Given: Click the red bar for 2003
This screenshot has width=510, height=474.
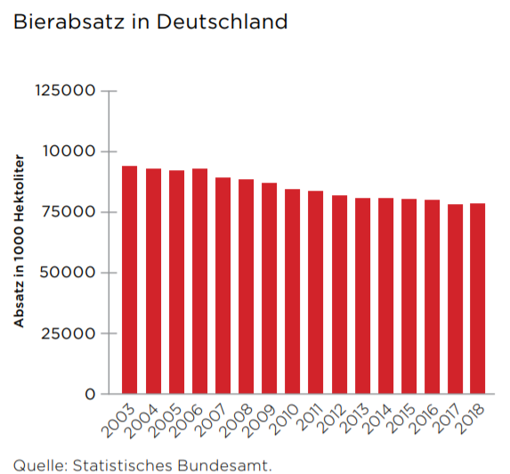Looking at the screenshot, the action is (129, 280).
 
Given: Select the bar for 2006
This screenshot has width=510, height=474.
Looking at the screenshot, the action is (199, 282).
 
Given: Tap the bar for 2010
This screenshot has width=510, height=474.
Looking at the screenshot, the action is (293, 291).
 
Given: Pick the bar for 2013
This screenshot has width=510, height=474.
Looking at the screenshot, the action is (362, 296).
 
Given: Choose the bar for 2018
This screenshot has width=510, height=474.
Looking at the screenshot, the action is (477, 298).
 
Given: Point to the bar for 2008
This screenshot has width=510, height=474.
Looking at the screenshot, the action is (246, 287).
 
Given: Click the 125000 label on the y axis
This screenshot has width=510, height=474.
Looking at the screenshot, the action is (65, 90).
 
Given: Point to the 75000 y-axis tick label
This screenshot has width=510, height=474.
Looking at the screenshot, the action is (69, 212).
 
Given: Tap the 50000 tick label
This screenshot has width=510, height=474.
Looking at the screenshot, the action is (68, 273).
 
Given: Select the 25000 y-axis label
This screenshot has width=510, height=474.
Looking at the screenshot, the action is (68, 333).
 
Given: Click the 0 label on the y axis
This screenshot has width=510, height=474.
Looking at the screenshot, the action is (90, 394).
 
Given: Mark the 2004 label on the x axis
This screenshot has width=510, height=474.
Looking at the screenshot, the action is (142, 421).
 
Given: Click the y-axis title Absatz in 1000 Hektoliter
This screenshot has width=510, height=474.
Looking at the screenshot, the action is (20, 241).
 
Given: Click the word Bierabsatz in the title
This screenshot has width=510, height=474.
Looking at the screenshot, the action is (69, 21).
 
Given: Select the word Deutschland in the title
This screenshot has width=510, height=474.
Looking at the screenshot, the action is (223, 21).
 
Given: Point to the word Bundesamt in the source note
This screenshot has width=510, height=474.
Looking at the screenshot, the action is (225, 465).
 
